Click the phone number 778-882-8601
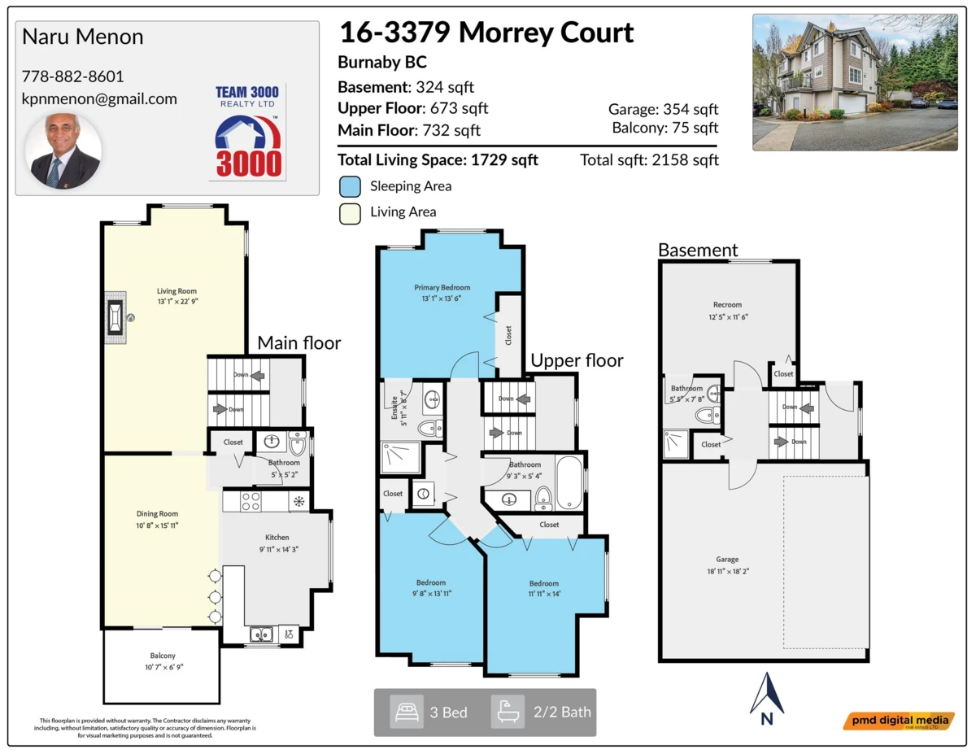[x=72, y=76]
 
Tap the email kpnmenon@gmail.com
[x=99, y=98]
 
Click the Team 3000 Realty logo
[x=249, y=132]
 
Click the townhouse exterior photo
[x=854, y=82]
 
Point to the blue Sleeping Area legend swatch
[x=350, y=186]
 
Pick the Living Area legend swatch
[x=350, y=212]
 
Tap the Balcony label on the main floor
[x=163, y=656]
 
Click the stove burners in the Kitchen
[x=251, y=502]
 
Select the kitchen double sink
[x=261, y=634]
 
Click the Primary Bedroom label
[x=442, y=287]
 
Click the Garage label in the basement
[x=727, y=560]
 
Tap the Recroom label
[x=727, y=305]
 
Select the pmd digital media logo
[x=898, y=721]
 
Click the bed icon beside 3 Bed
[x=407, y=712]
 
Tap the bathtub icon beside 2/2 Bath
[x=508, y=712]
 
